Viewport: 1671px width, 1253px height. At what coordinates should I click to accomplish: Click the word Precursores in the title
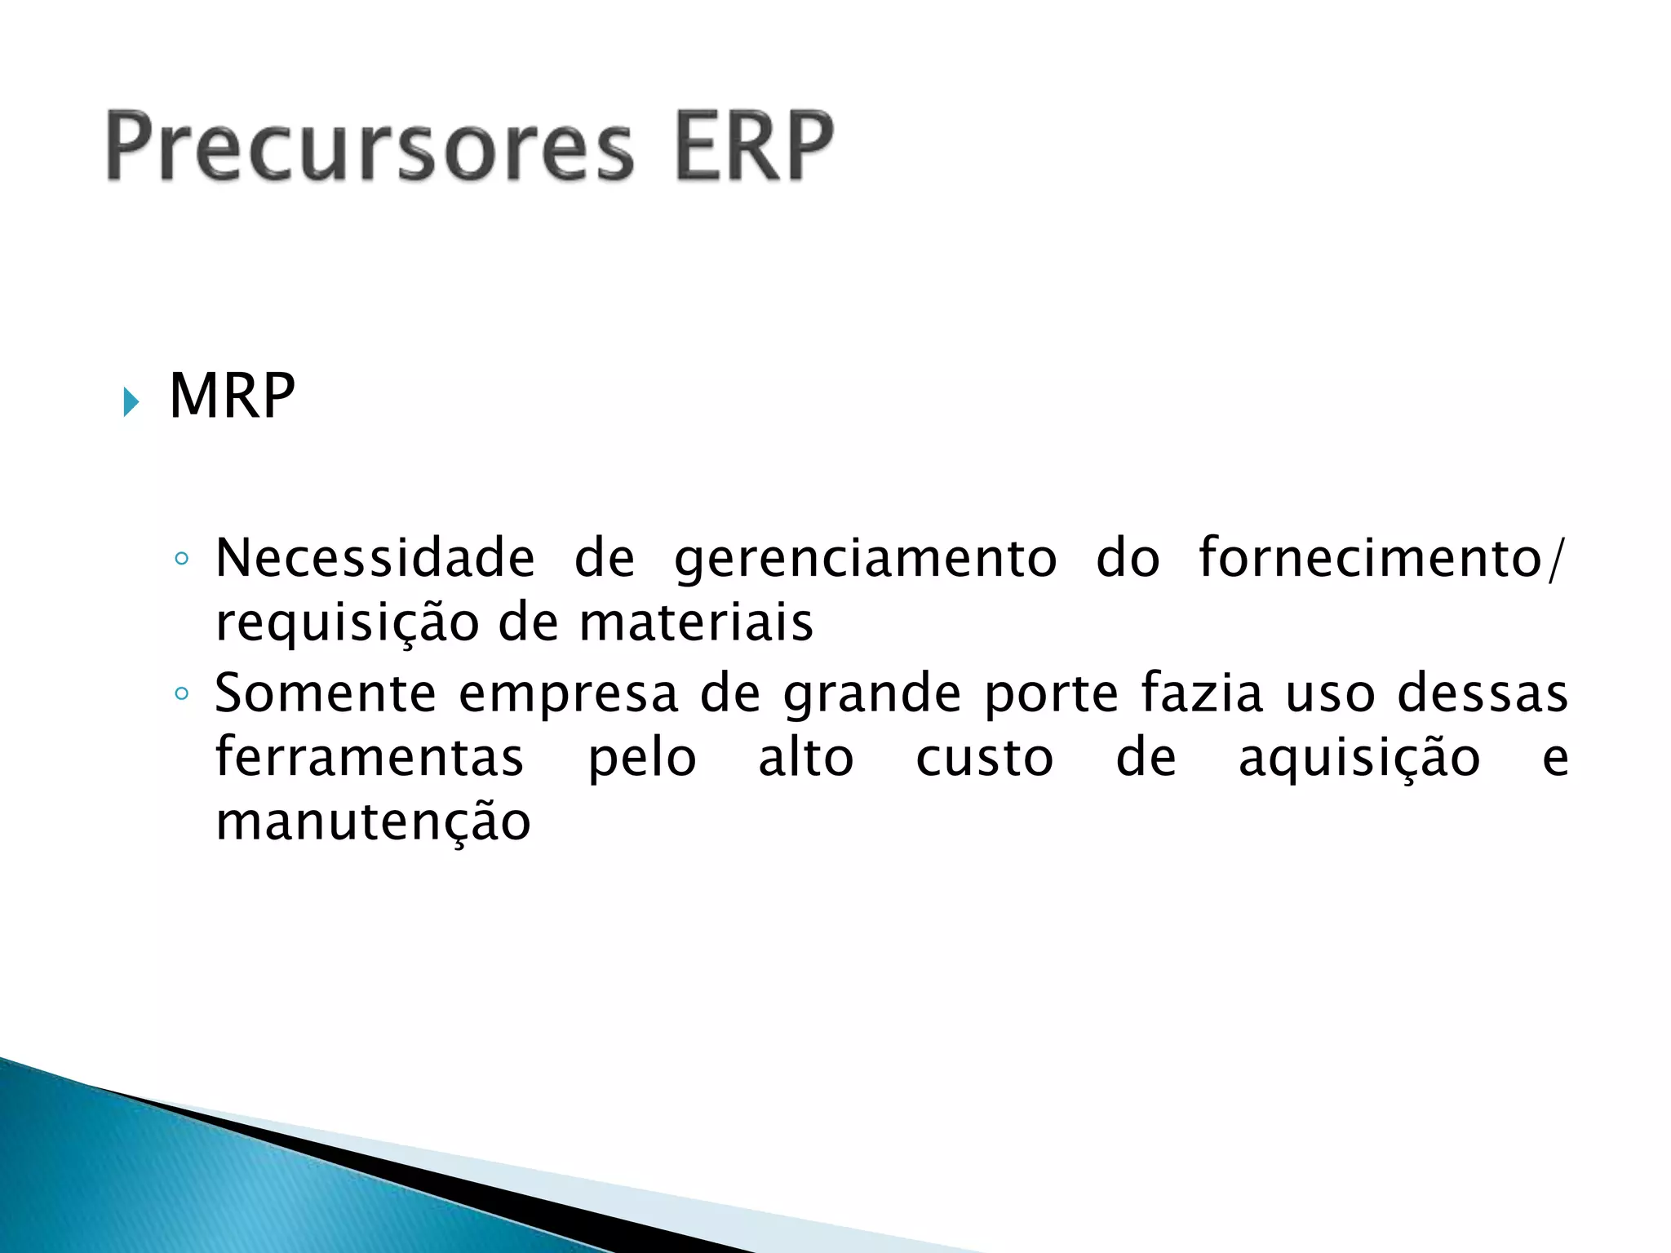pyautogui.click(x=369, y=147)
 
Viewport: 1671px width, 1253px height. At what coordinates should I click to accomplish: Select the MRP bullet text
pyautogui.click(x=232, y=396)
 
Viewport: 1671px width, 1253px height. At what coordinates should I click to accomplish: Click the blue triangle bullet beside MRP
pyautogui.click(x=131, y=401)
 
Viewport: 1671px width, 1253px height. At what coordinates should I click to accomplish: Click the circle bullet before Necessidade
pyautogui.click(x=182, y=560)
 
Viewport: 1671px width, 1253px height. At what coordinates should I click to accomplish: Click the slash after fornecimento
pyautogui.click(x=1555, y=560)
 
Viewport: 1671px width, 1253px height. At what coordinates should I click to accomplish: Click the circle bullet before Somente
pyautogui.click(x=182, y=694)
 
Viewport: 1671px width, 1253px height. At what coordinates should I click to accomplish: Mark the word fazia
pyautogui.click(x=1202, y=693)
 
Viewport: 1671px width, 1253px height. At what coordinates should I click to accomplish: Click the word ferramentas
pyautogui.click(x=369, y=757)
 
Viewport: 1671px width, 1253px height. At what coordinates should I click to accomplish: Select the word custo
pyautogui.click(x=985, y=759)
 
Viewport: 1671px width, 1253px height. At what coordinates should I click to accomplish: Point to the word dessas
pyautogui.click(x=1483, y=693)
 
